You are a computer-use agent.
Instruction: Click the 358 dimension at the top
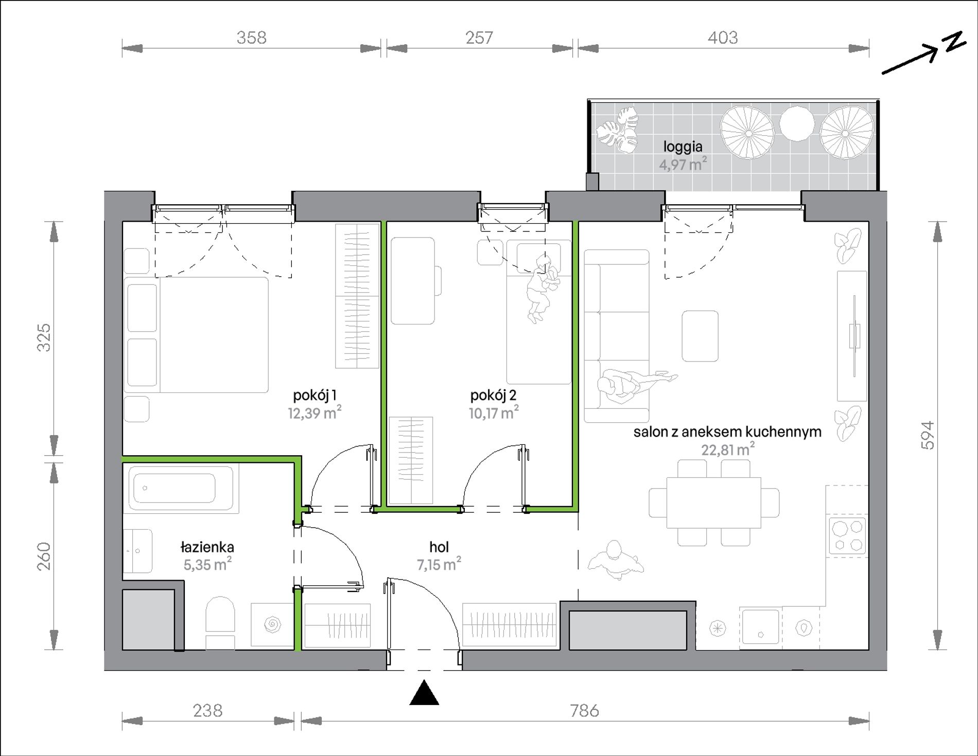(x=252, y=38)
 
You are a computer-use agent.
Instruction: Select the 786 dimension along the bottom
(x=585, y=711)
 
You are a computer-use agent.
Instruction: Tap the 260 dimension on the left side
(x=44, y=556)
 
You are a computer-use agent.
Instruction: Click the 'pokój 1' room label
(x=315, y=395)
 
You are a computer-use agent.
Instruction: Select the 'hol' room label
(x=439, y=547)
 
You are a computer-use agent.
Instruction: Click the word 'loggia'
(x=683, y=147)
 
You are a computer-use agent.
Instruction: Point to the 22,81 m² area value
(x=728, y=449)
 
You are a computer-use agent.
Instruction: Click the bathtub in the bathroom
(x=181, y=488)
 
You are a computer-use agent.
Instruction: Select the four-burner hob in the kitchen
(x=847, y=536)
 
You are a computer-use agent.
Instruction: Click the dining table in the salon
(x=713, y=502)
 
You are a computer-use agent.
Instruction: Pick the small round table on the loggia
(x=797, y=123)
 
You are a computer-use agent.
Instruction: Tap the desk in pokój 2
(x=413, y=281)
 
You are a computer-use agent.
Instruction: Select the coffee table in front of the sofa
(x=700, y=336)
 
